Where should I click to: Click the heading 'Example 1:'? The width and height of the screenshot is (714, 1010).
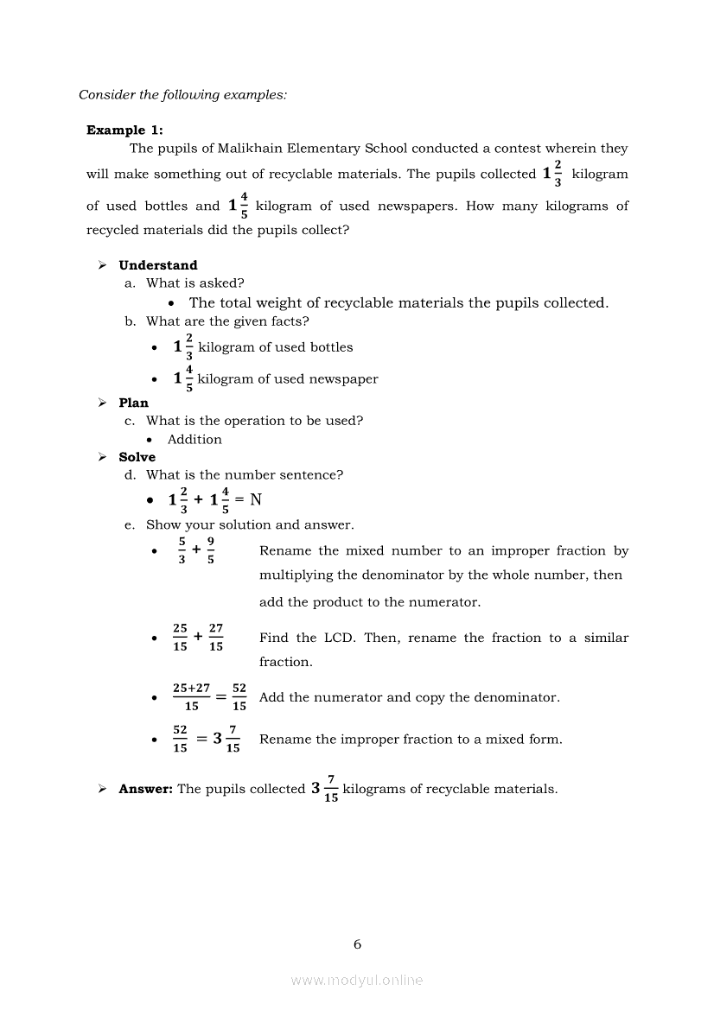[124, 130]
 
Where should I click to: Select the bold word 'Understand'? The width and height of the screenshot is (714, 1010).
[158, 265]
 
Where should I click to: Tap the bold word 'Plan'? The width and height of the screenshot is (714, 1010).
[134, 403]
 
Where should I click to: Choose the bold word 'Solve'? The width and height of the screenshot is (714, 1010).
[137, 457]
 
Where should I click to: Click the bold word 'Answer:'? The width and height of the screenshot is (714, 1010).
[146, 789]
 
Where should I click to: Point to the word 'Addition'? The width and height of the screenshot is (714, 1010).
[194, 439]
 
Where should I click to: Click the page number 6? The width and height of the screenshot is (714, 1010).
[357, 944]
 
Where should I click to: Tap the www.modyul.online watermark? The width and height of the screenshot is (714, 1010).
[357, 980]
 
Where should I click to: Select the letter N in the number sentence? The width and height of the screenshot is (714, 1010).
[256, 499]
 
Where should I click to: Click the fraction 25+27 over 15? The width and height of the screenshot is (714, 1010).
[191, 697]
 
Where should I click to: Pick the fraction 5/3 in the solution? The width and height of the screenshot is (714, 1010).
[182, 550]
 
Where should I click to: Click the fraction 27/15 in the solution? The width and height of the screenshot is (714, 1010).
[216, 638]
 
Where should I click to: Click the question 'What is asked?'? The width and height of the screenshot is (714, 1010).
[195, 283]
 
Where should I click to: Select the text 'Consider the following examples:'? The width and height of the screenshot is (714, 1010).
[182, 95]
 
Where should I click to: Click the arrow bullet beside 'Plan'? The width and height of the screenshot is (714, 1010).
[102, 403]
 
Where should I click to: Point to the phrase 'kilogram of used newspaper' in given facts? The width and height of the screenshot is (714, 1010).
[288, 379]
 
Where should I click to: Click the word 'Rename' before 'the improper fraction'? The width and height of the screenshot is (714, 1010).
[285, 740]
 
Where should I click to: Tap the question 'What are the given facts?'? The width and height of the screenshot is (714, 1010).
[227, 321]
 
